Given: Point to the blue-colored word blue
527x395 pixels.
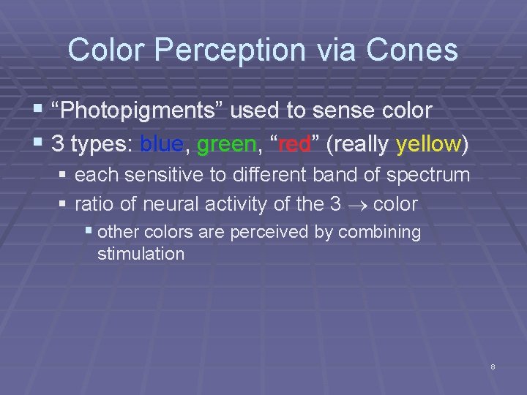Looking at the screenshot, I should (x=161, y=144).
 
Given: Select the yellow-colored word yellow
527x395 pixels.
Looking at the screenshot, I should (x=427, y=144).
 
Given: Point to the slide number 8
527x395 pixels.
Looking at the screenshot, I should (x=493, y=366).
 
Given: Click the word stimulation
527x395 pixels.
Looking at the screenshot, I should (x=141, y=255).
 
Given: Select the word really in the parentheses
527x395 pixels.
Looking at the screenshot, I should (x=361, y=144).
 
